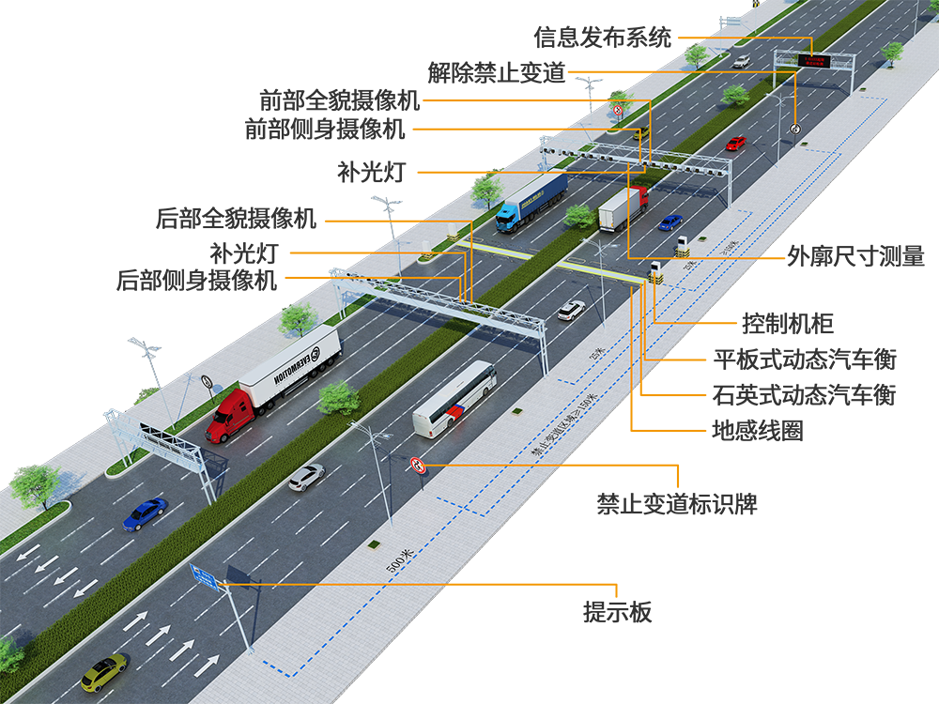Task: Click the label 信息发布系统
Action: point(603,38)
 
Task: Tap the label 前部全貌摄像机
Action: point(340,100)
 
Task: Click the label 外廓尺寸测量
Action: point(856,256)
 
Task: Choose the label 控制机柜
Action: point(787,325)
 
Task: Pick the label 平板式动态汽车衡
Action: point(805,360)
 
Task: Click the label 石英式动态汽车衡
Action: point(805,395)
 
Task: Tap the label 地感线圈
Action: point(758,431)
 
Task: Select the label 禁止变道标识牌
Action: point(677,504)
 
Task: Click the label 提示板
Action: point(617,613)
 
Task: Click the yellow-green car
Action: point(103,671)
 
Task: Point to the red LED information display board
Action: point(813,61)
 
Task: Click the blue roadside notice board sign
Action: point(204,576)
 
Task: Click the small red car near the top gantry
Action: point(735,143)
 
